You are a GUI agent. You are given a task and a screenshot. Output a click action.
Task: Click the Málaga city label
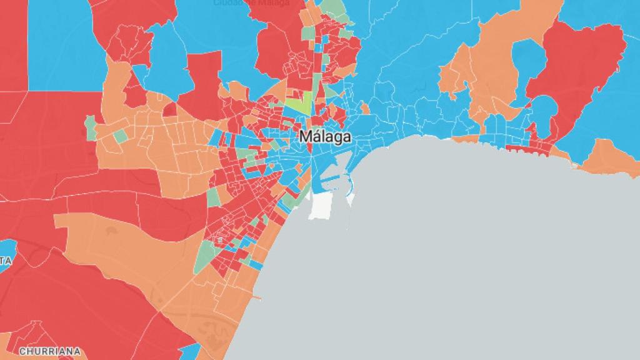(x=324, y=136)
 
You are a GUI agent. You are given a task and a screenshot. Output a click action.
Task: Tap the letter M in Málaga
(x=306, y=136)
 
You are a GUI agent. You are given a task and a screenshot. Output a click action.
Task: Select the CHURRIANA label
(x=49, y=352)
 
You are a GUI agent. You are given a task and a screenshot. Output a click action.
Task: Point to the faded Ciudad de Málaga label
(x=251, y=3)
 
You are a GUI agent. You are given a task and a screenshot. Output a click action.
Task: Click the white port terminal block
(x=320, y=206)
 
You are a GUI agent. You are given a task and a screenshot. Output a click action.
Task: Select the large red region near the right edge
(x=581, y=69)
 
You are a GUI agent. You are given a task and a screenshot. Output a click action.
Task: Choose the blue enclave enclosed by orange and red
(x=529, y=62)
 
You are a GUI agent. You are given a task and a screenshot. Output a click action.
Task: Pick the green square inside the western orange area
(x=120, y=135)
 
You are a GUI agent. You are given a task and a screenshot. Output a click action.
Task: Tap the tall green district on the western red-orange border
(x=91, y=127)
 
